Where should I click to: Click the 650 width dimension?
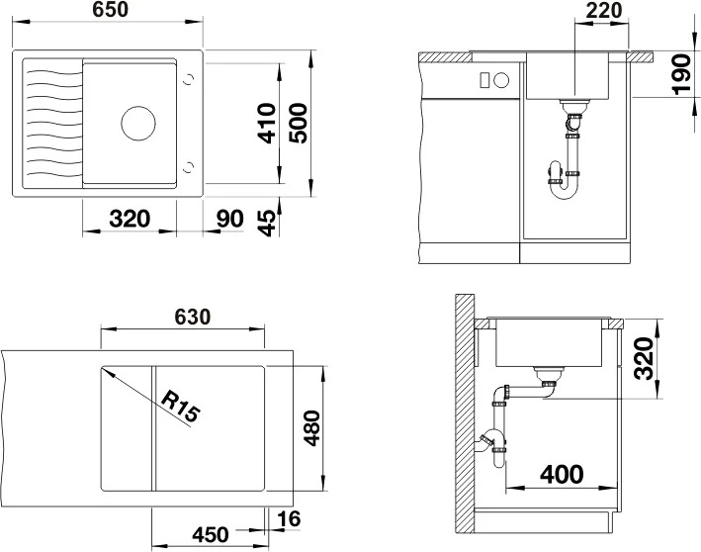pyautogui.click(x=111, y=10)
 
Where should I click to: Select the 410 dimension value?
pyautogui.click(x=267, y=124)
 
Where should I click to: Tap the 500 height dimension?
pyautogui.click(x=299, y=124)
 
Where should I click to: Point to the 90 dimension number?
pyautogui.click(x=229, y=219)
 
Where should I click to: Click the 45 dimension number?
pyautogui.click(x=267, y=223)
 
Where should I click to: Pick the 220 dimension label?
pyautogui.click(x=603, y=11)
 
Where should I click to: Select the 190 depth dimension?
pyautogui.click(x=682, y=74)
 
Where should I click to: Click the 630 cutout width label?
pyautogui.click(x=192, y=318)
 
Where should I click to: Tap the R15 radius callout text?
pyautogui.click(x=179, y=407)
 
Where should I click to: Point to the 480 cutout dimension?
pyautogui.click(x=312, y=428)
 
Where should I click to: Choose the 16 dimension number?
pyautogui.click(x=289, y=519)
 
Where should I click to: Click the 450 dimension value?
pyautogui.click(x=211, y=534)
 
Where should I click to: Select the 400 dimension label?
pyautogui.click(x=562, y=475)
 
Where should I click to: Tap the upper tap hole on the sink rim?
pyautogui.click(x=189, y=79)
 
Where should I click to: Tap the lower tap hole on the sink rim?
pyautogui.click(x=189, y=167)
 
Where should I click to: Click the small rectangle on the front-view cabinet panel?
pyautogui.click(x=483, y=80)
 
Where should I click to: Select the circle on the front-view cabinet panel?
pyautogui.click(x=501, y=80)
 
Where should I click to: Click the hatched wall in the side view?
pyautogui.click(x=465, y=414)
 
